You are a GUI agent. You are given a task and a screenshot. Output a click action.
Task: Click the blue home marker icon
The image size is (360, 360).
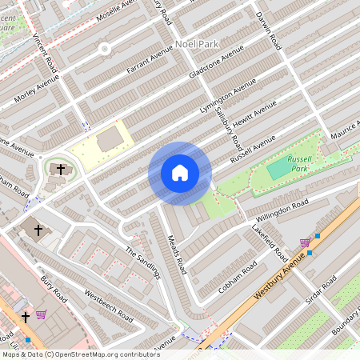tap(180, 173)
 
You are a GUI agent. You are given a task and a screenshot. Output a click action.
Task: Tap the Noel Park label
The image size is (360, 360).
tap(194, 46)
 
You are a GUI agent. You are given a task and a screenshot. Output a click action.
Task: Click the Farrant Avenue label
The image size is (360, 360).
tap(150, 62)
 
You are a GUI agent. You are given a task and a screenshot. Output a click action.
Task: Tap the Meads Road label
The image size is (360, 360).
tap(178, 250)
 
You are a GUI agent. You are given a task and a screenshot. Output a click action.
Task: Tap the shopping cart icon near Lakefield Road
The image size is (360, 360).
tap(305, 242)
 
